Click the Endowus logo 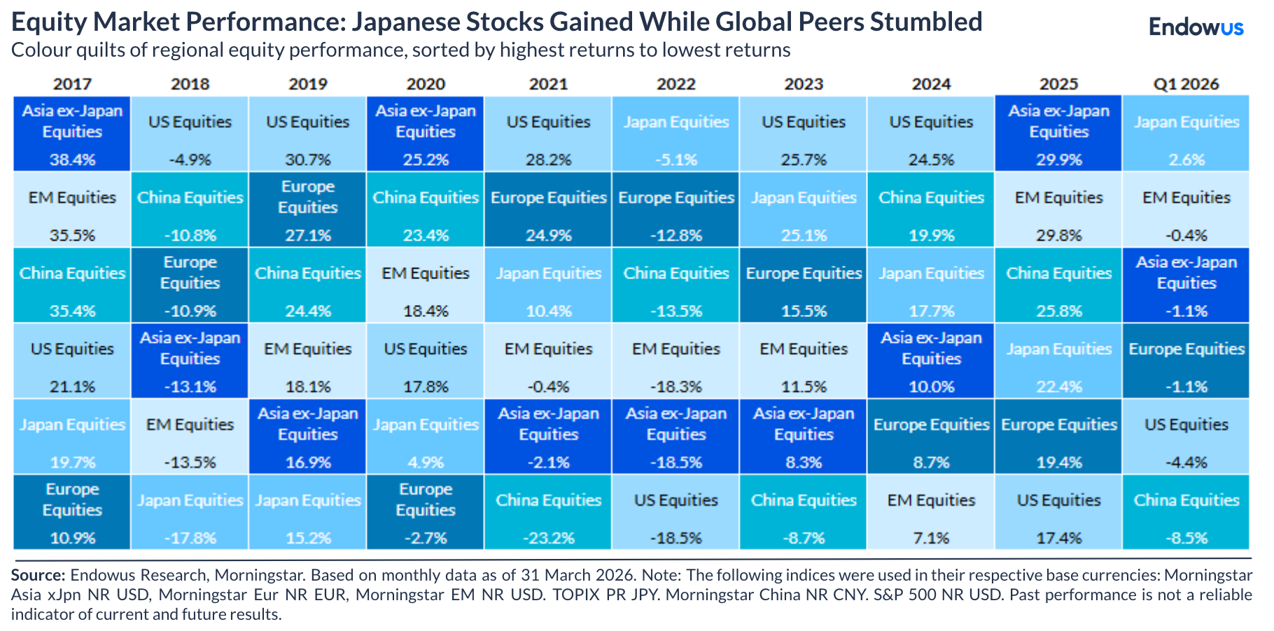pyautogui.click(x=1196, y=27)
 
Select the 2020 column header pyautogui.click(x=426, y=84)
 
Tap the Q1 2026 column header pyautogui.click(x=1186, y=84)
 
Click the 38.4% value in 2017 pyautogui.click(x=72, y=159)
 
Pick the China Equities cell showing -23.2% pyautogui.click(x=548, y=512)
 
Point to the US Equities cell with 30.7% pyautogui.click(x=307, y=134)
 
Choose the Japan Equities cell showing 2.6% pyautogui.click(x=1186, y=134)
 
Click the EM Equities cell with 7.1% pyautogui.click(x=931, y=512)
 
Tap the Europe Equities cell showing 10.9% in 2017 pyautogui.click(x=72, y=512)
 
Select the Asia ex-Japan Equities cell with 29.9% pyautogui.click(x=1058, y=134)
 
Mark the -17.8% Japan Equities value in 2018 pyautogui.click(x=190, y=538)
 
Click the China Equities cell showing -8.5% pyautogui.click(x=1186, y=512)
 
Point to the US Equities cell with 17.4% pyautogui.click(x=1058, y=512)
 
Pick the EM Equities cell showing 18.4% pyautogui.click(x=426, y=285)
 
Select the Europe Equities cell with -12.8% pyautogui.click(x=675, y=209)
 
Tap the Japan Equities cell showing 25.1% pyautogui.click(x=804, y=209)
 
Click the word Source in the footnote pyautogui.click(x=38, y=575)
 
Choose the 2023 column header pyautogui.click(x=804, y=84)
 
